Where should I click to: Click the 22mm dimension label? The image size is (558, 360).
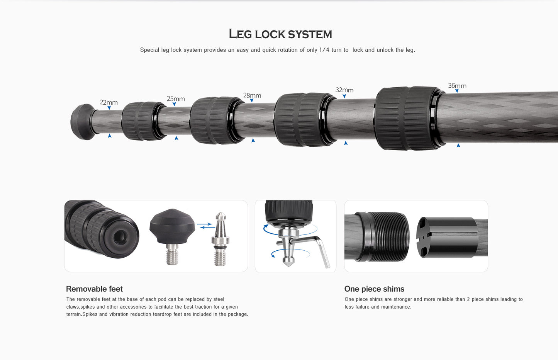[109, 102]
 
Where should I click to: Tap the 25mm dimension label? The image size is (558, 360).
[176, 98]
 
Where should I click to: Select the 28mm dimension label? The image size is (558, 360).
[252, 95]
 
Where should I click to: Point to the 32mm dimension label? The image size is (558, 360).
[344, 90]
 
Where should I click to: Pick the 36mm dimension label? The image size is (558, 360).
[457, 86]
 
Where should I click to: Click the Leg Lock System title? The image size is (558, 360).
[280, 34]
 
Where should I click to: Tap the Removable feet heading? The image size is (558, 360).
[94, 289]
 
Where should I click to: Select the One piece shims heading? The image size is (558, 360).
[374, 289]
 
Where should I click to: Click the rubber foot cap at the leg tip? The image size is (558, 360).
[83, 122]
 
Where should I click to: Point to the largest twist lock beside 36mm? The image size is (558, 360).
[409, 118]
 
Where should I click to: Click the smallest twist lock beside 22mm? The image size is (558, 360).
[144, 121]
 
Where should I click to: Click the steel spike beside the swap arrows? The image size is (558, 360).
[220, 239]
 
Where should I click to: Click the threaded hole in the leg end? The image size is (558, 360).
[120, 237]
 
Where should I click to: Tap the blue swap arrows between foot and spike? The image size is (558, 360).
[206, 226]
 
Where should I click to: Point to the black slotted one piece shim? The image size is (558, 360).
[447, 237]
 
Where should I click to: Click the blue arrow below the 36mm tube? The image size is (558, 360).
[458, 145]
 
